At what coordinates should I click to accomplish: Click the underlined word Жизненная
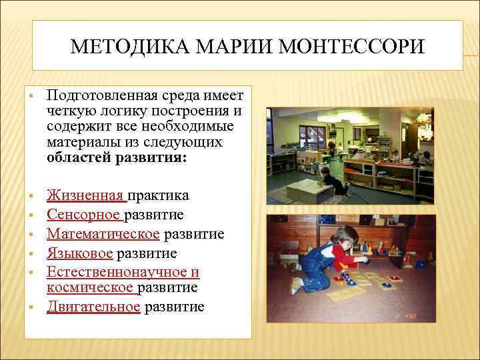pyautogui.click(x=86, y=195)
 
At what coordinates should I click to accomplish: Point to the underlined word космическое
pyautogui.click(x=91, y=288)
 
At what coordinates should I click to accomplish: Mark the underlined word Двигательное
pyautogui.click(x=93, y=307)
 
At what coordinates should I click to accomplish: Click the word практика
pyautogui.click(x=158, y=195)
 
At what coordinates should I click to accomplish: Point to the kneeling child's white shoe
pyautogui.click(x=295, y=287)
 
